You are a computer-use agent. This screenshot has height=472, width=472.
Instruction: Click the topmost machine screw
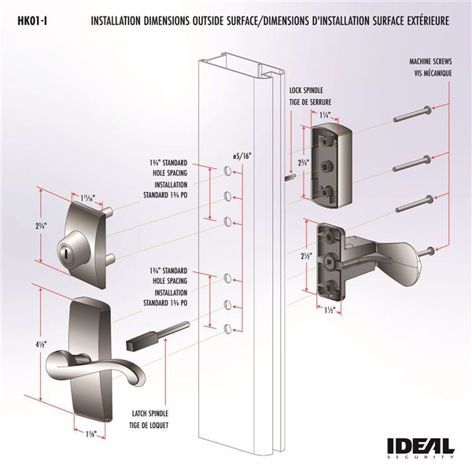click(410, 116)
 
